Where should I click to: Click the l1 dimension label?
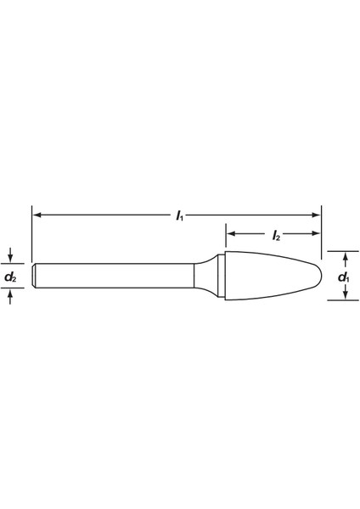coord(179,215)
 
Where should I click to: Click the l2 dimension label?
coord(276,235)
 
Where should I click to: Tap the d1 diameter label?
coord(344,277)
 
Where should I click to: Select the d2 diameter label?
coord(11,277)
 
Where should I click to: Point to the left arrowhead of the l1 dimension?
coord(37,215)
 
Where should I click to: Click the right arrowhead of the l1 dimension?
coord(316,215)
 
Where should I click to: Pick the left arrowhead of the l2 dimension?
coord(231,233)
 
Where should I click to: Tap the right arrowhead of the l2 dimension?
coord(316,233)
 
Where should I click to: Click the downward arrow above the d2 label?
coord(10,255)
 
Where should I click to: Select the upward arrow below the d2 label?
coord(10,296)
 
